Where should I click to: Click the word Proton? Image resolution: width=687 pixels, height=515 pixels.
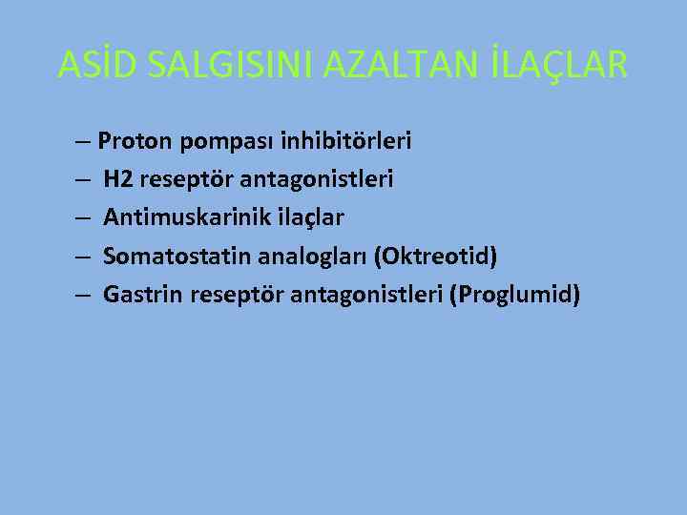135,142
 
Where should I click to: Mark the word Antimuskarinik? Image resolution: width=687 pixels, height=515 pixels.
177,218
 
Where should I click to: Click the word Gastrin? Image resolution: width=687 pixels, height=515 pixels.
143,295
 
